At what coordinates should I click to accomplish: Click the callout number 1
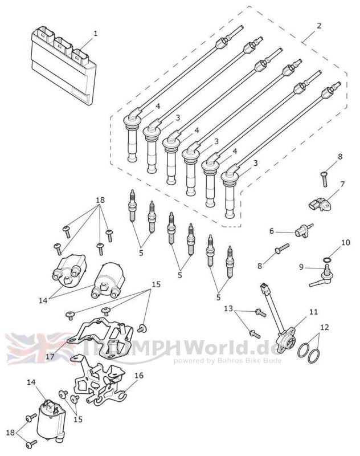pos(96,33)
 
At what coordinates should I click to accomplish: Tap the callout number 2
pos(319,26)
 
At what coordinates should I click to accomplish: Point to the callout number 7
pos(342,184)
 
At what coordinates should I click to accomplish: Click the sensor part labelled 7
pos(321,202)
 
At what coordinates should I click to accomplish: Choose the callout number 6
pos(272,231)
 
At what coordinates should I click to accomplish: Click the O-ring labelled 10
pos(326,260)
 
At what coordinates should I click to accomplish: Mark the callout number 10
pos(344,242)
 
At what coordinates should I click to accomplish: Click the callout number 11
pos(313,311)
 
